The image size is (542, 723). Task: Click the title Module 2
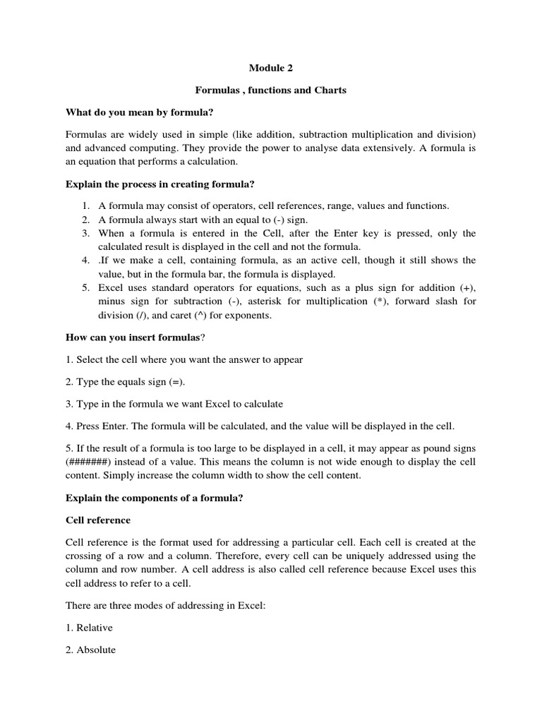tap(270, 68)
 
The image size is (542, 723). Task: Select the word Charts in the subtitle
tap(327, 90)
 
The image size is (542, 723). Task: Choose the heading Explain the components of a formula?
tap(155, 498)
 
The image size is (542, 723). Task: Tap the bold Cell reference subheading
tap(98, 520)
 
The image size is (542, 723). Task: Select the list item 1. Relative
tap(89, 628)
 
